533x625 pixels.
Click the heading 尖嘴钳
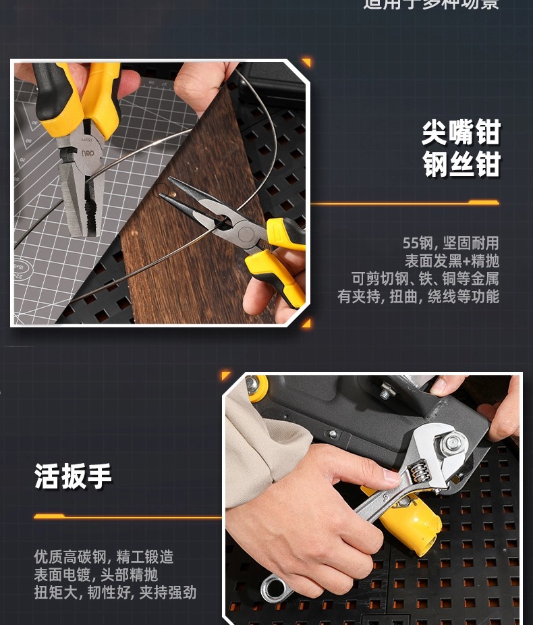[x=461, y=132]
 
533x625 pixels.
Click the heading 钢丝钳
[x=461, y=165]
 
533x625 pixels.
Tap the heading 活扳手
[x=74, y=476]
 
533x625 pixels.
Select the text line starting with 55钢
[x=450, y=243]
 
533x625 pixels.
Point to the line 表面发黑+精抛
[x=451, y=261]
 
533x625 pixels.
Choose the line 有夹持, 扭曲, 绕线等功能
[x=418, y=296]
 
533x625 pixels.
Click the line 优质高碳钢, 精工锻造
[x=104, y=557]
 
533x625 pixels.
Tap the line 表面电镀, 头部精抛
[x=96, y=574]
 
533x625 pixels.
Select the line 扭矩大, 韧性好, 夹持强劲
[x=115, y=592]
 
